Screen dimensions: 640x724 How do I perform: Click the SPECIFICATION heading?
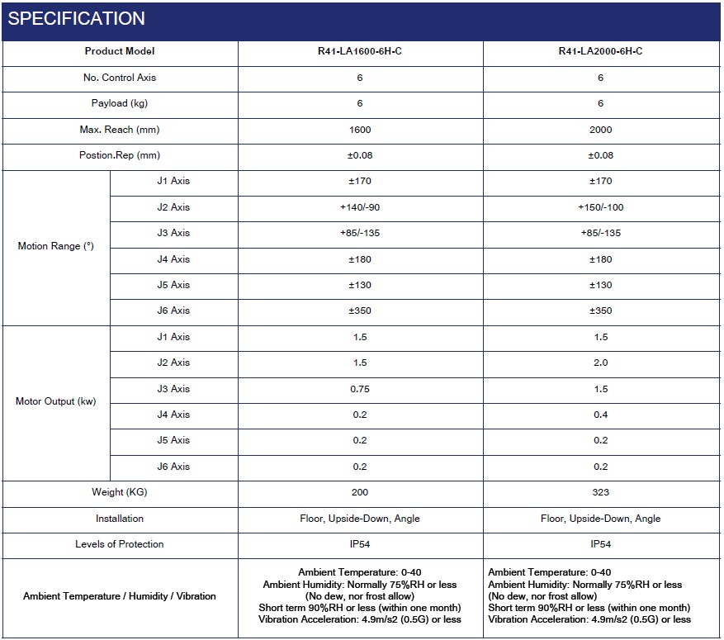(77, 18)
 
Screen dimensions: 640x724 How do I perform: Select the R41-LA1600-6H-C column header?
(360, 51)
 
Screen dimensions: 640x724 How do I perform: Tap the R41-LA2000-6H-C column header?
(600, 51)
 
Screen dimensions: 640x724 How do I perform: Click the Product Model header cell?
(120, 51)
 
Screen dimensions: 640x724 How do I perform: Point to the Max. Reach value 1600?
(360, 130)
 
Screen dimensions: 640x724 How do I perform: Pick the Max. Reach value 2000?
(600, 130)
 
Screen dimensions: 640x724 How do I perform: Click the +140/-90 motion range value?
(360, 207)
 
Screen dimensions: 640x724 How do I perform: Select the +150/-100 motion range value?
(600, 207)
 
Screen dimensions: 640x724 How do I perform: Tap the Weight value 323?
(600, 492)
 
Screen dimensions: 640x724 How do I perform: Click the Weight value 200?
(360, 492)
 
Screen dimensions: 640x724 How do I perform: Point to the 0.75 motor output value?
(360, 389)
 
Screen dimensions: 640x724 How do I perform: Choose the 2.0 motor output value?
(600, 363)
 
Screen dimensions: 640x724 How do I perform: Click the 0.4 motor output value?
(600, 415)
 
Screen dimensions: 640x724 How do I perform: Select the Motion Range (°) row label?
(55, 246)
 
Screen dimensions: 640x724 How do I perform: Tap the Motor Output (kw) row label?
(55, 401)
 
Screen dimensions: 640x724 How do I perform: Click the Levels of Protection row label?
(120, 544)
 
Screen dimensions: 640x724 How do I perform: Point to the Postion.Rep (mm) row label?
(120, 155)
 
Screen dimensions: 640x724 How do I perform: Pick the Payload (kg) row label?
(120, 103)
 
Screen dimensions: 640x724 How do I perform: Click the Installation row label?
(120, 519)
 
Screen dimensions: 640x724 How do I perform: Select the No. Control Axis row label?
(120, 78)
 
